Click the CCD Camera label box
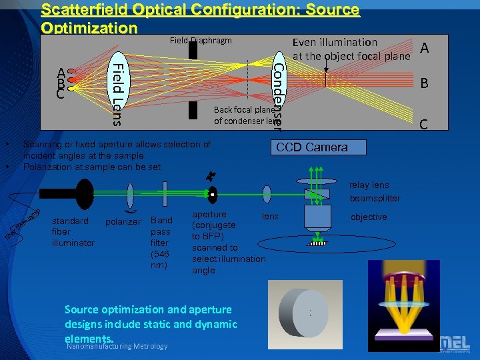click(311, 147)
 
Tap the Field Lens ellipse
click(117, 91)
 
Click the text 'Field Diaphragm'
click(201, 40)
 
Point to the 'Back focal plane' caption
click(244, 110)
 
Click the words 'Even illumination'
click(335, 43)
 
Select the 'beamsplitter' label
click(375, 199)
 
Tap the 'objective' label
click(369, 217)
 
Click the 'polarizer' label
click(123, 221)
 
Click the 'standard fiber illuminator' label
click(73, 231)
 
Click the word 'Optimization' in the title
click(89, 28)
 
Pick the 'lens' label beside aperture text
click(270, 217)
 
